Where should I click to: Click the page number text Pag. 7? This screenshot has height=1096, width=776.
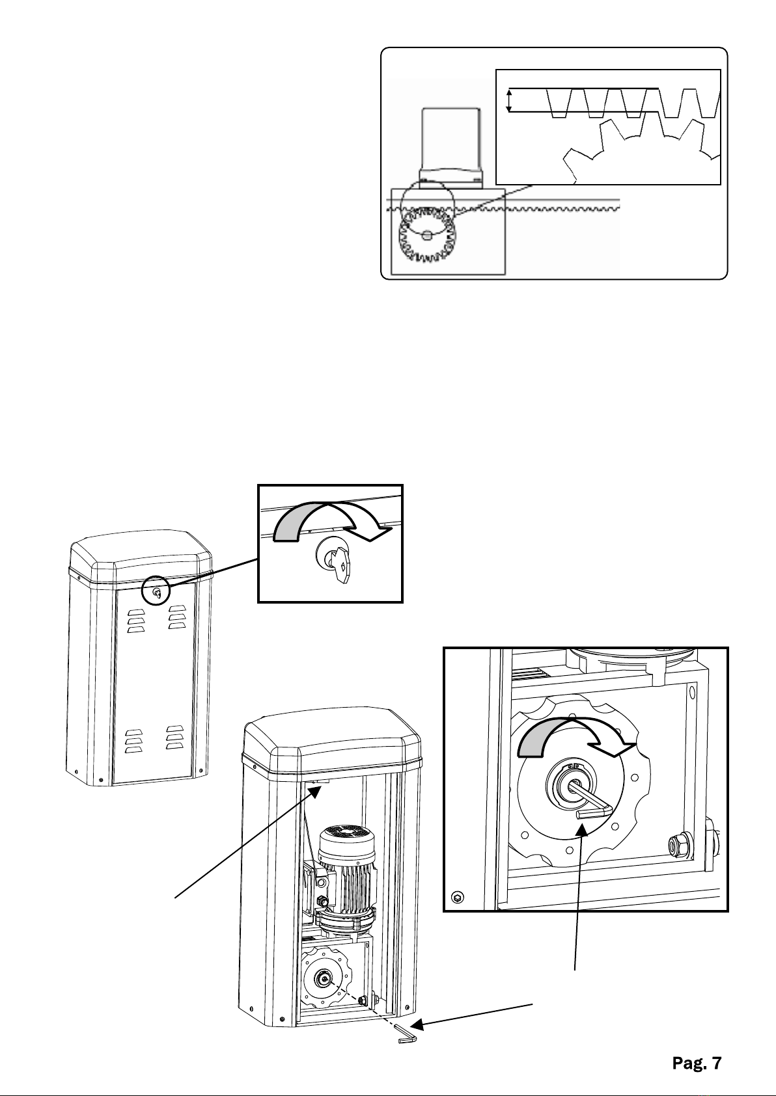point(697,1063)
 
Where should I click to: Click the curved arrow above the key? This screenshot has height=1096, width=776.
point(333,520)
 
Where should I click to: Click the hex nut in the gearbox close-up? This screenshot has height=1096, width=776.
point(676,846)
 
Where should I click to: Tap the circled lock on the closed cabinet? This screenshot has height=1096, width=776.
point(156,591)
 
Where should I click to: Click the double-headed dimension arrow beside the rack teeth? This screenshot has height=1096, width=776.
point(510,101)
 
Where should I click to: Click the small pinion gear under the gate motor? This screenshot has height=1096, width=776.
point(427,234)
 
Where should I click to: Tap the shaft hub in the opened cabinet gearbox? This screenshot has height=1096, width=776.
point(323,978)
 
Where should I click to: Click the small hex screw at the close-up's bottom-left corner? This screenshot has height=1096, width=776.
point(458,898)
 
